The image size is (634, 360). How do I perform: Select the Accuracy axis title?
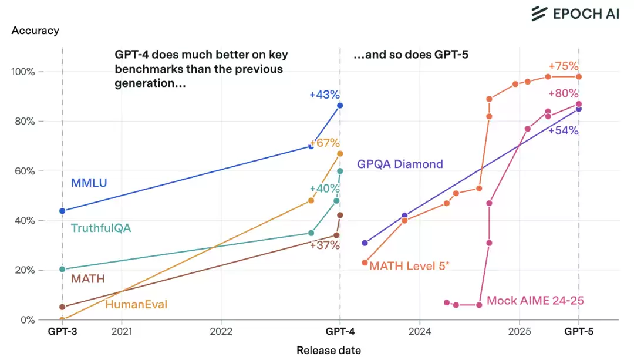tap(35, 30)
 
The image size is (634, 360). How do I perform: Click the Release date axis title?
tap(329, 351)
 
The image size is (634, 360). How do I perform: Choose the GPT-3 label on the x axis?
tap(62, 332)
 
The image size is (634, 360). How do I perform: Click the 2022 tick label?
tap(221, 332)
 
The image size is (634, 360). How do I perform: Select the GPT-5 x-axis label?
tap(579, 332)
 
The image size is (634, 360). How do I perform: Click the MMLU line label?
tap(89, 183)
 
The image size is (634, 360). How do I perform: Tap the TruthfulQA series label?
tap(100, 228)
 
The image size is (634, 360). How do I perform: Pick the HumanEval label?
tap(136, 304)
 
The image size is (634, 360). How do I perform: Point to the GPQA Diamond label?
tap(400, 164)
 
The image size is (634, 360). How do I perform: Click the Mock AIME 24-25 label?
tap(535, 301)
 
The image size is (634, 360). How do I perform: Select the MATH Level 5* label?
tap(409, 266)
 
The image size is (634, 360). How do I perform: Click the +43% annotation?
tap(325, 95)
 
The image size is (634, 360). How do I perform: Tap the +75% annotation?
tap(564, 66)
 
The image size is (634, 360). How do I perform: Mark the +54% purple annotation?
tap(564, 131)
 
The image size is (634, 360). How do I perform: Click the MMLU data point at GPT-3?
tap(62, 211)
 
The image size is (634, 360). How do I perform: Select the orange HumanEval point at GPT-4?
tap(340, 154)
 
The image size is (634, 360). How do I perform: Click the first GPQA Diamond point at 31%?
tap(365, 243)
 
